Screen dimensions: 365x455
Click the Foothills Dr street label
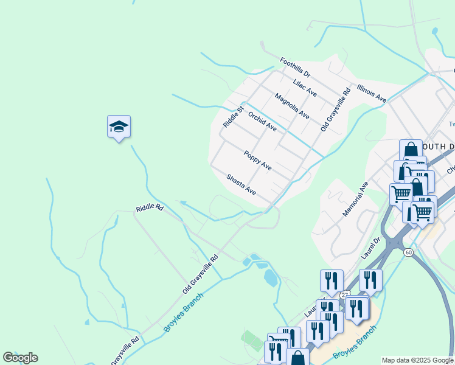[x=295, y=68]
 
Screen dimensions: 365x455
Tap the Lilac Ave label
[x=305, y=88]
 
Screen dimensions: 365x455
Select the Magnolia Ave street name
[x=292, y=106]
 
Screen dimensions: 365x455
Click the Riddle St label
[x=233, y=116]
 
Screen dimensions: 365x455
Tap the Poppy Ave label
[x=257, y=160]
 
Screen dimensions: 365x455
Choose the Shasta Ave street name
[x=241, y=185]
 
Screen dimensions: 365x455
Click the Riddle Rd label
[x=150, y=208]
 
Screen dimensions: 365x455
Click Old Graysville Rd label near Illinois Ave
[x=336, y=110]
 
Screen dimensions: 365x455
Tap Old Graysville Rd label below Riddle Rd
[x=200, y=275]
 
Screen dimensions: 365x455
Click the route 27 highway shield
[x=345, y=295]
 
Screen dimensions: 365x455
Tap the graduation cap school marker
[x=119, y=127]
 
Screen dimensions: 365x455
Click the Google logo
[x=20, y=358]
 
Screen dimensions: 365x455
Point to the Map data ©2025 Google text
[x=417, y=360]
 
